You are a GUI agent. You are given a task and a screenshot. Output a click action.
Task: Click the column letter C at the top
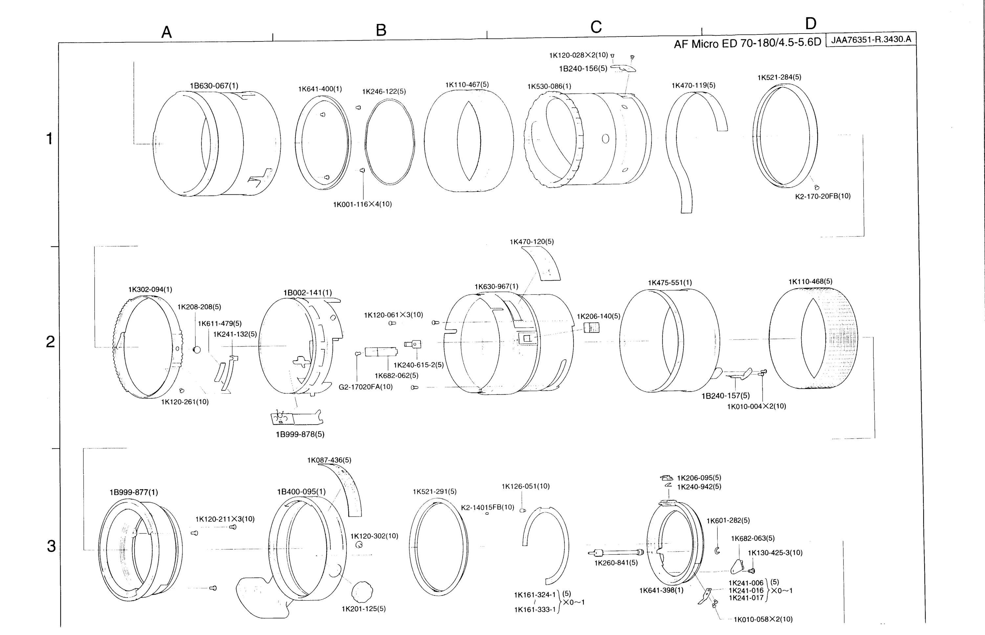pos(596,27)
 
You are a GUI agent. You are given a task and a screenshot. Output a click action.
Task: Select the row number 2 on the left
pos(50,341)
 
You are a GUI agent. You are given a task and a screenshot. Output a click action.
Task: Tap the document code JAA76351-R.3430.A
pos(871,40)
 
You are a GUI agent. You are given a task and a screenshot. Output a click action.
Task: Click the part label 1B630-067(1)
pos(214,86)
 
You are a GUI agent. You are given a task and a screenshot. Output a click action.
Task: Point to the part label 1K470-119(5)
pos(693,85)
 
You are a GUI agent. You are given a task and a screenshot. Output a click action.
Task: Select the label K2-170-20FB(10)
pos(823,196)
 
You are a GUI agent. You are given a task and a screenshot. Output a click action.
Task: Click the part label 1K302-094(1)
pos(150,290)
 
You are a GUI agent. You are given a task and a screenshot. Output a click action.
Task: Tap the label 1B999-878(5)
pos(300,434)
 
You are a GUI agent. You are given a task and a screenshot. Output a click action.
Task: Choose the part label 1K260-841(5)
pos(616,563)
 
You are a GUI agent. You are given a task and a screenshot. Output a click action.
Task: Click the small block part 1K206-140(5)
pos(592,328)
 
